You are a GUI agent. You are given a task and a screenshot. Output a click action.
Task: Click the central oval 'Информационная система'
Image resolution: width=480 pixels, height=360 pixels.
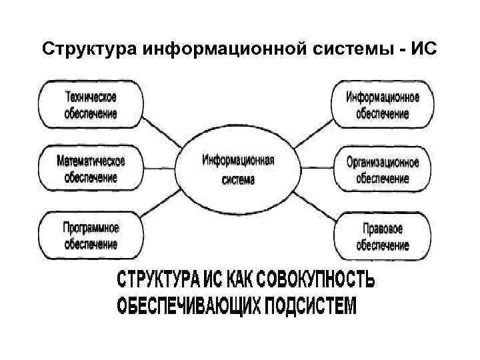[238, 169]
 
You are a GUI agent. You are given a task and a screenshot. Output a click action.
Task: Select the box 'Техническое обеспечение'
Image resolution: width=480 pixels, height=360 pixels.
[91, 105]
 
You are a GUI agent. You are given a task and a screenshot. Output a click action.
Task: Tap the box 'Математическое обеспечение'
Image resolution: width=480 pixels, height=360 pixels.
[91, 169]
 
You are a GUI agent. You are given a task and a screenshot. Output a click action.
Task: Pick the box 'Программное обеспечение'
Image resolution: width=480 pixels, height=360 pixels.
[91, 235]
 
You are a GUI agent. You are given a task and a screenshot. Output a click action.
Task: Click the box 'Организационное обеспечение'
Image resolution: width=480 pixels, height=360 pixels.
[382, 169]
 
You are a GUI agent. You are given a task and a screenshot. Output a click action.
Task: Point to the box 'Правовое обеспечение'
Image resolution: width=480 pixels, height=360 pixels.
[382, 235]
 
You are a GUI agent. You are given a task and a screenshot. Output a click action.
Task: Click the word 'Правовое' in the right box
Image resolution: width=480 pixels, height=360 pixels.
[382, 229]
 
